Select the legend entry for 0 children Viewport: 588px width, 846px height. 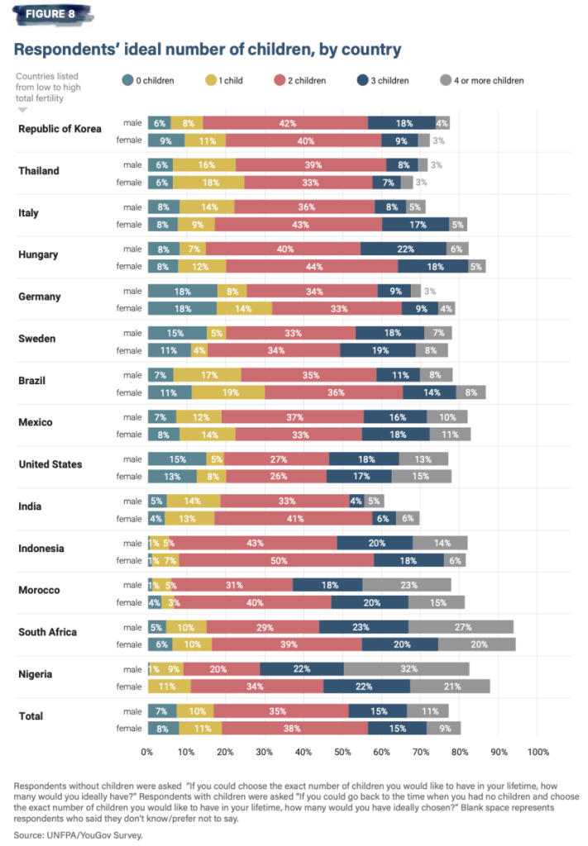coord(155,80)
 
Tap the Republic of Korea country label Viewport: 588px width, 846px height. coord(60,129)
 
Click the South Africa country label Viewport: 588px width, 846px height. coord(48,632)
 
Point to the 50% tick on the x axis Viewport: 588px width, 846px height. coord(342,752)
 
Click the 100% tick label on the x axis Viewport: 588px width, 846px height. coord(538,752)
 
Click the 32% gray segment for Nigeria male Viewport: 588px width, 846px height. coord(406,669)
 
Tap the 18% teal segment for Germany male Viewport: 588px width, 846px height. coord(182,291)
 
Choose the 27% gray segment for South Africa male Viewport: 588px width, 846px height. coord(461,627)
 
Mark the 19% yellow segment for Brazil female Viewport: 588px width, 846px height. coord(228,392)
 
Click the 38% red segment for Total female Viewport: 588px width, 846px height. coord(294,728)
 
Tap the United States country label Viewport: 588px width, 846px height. coord(50,464)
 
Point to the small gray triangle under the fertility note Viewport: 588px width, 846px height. coord(22,108)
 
